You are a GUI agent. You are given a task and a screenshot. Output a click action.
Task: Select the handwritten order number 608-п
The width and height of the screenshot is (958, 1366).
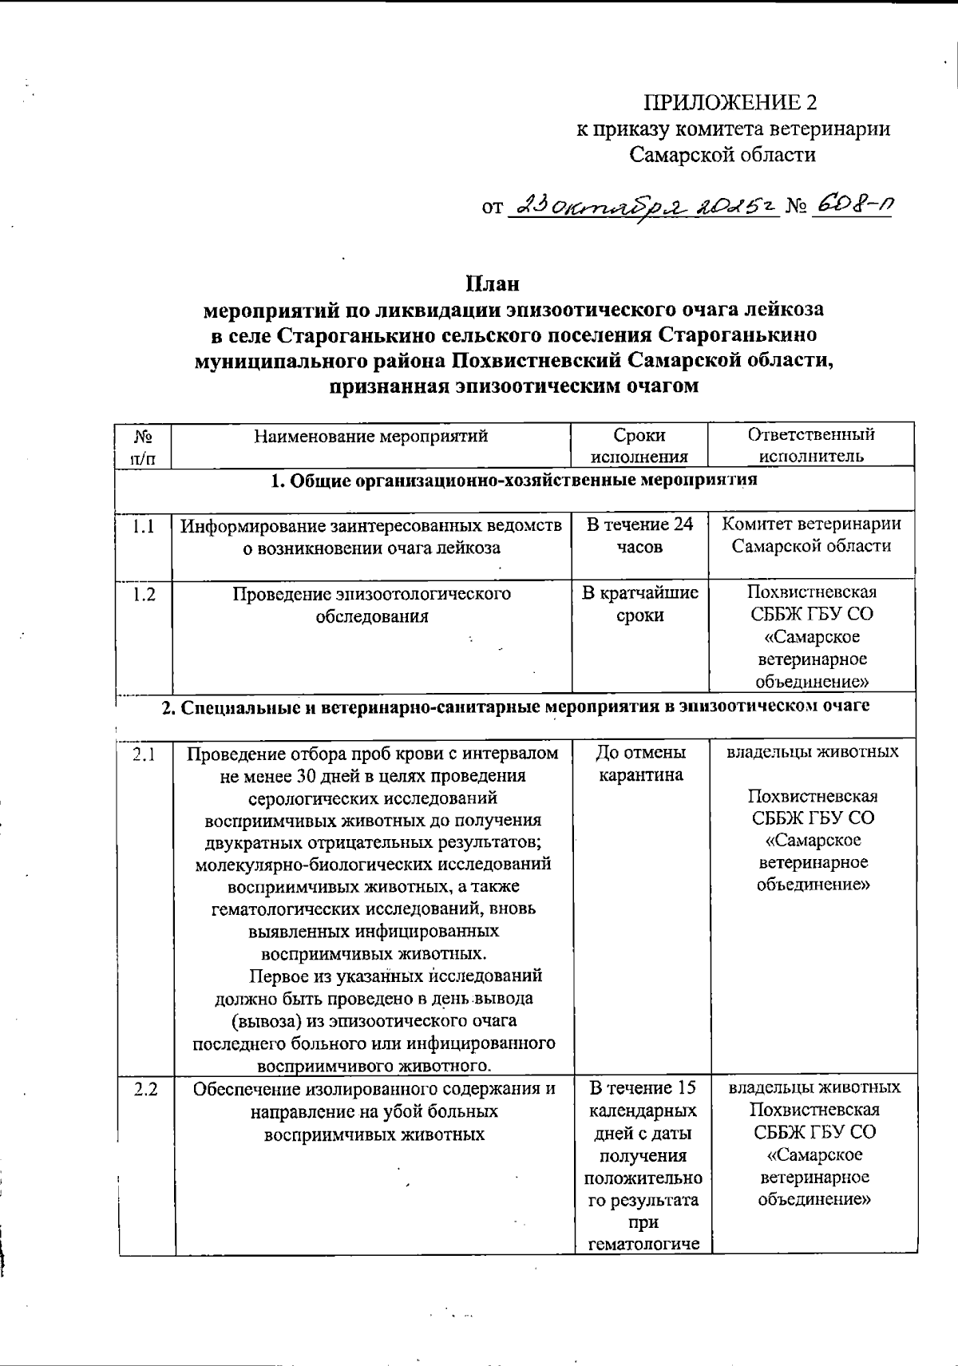pyautogui.click(x=851, y=206)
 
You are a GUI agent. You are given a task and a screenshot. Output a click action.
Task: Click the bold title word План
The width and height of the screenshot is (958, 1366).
pyautogui.click(x=493, y=283)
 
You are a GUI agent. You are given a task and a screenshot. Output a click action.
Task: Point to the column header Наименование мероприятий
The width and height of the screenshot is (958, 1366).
pyautogui.click(x=371, y=436)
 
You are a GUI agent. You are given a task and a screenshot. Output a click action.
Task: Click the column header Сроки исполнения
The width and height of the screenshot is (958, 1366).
pyautogui.click(x=639, y=445)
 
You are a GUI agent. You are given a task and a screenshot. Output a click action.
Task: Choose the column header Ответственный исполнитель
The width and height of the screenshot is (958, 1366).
pyautogui.click(x=811, y=445)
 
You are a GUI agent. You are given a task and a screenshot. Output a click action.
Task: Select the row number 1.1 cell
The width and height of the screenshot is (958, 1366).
pyautogui.click(x=144, y=526)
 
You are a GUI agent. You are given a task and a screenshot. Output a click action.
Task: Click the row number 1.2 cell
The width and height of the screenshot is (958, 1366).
pyautogui.click(x=144, y=595)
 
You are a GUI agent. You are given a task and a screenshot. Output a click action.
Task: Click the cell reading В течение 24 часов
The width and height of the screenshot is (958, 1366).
pyautogui.click(x=639, y=536)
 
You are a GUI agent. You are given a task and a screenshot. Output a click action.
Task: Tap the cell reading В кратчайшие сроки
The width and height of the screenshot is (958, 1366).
pyautogui.click(x=639, y=604)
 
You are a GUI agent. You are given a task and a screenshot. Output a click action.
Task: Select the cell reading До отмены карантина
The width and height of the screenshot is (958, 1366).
pyautogui.click(x=640, y=763)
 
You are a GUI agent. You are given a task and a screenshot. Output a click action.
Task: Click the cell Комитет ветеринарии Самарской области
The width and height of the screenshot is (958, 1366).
pyautogui.click(x=811, y=535)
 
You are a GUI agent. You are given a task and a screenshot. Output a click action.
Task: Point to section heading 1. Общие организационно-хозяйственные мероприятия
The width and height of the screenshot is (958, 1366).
pyautogui.click(x=514, y=481)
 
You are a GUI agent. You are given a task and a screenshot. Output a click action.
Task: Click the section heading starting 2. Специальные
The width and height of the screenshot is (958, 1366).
pyautogui.click(x=516, y=707)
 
